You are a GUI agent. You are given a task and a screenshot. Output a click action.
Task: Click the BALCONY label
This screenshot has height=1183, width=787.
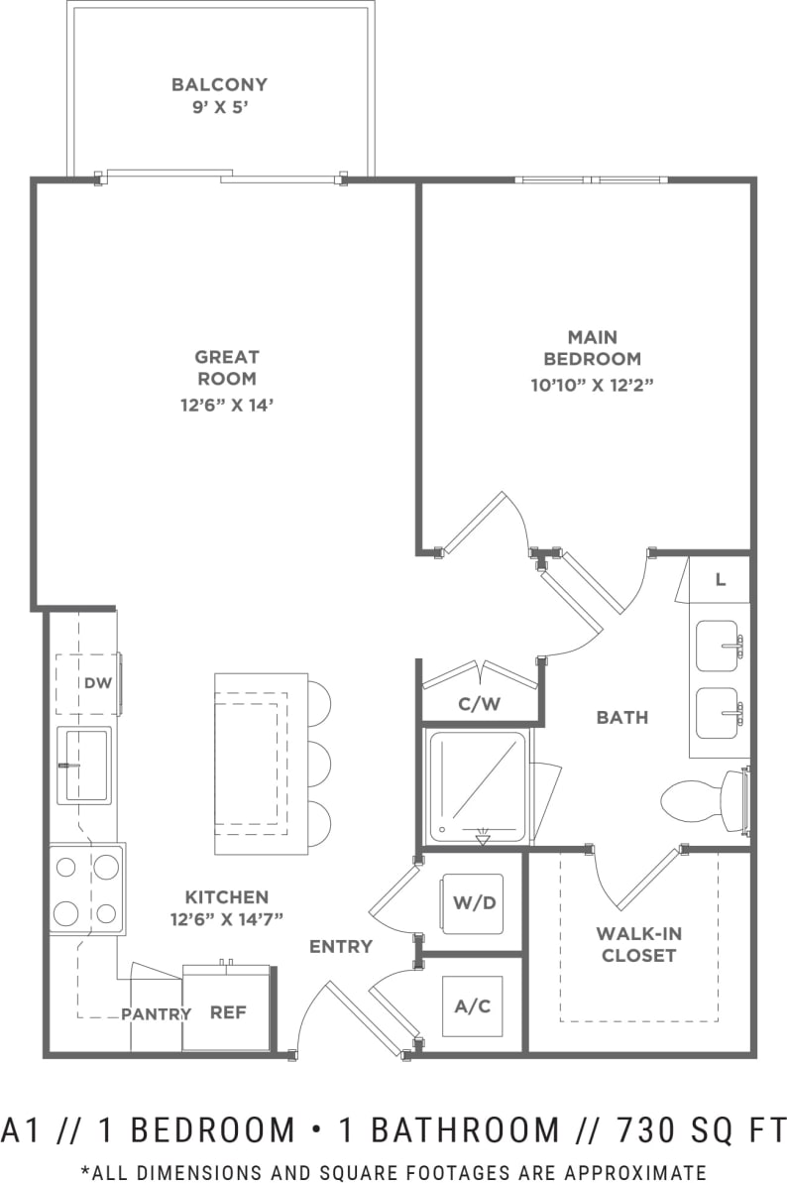pyautogui.click(x=219, y=85)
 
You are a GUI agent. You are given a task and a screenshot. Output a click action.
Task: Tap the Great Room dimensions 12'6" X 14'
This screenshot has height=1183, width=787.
pyautogui.click(x=226, y=404)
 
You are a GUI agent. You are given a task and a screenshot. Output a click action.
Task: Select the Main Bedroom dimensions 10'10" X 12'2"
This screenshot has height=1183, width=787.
pyautogui.click(x=592, y=384)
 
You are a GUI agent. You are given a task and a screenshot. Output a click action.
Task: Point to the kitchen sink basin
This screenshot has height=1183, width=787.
pyautogui.click(x=85, y=765)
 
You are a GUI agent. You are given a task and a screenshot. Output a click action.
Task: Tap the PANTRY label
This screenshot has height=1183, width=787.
pyautogui.click(x=156, y=1013)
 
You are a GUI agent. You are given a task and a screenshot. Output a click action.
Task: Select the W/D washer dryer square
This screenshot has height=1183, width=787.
pyautogui.click(x=472, y=904)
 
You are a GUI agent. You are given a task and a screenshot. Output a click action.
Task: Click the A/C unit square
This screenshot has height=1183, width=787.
pyautogui.click(x=472, y=1006)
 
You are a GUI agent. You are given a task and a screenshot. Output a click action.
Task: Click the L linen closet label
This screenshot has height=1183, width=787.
pyautogui.click(x=721, y=580)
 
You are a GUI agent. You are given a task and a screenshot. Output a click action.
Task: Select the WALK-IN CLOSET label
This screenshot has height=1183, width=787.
pyautogui.click(x=638, y=945)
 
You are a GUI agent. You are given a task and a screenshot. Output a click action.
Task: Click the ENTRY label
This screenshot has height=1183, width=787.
pyautogui.click(x=340, y=946)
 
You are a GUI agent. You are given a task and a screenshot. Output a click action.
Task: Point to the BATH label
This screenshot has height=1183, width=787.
pyautogui.click(x=622, y=717)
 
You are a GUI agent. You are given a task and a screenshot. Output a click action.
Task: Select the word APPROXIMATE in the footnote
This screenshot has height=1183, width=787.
pyautogui.click(x=631, y=1171)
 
